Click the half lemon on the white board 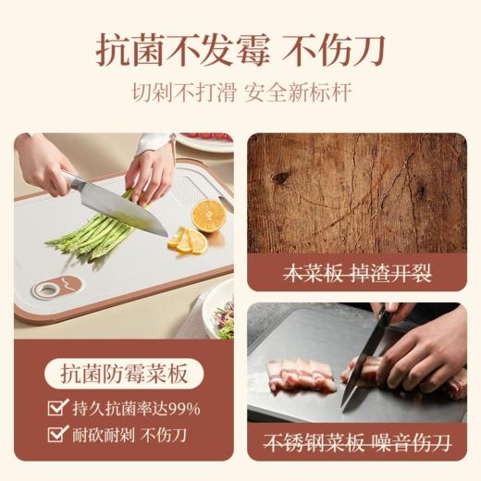click(208, 215)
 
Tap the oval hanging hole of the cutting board click(45, 290)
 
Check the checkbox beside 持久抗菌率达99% click(56, 408)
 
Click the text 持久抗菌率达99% click(137, 408)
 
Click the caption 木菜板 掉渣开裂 click(357, 274)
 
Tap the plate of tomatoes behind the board click(205, 142)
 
